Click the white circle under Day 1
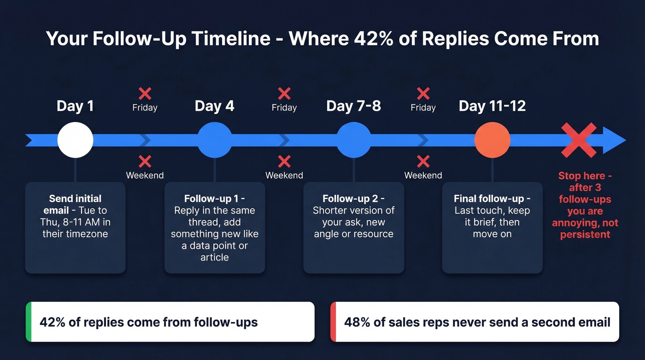(75, 140)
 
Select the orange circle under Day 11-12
(492, 140)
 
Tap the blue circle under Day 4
(215, 140)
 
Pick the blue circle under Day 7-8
(354, 140)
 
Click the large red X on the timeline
(579, 140)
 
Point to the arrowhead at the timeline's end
(616, 140)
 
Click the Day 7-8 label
(353, 106)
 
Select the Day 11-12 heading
(492, 106)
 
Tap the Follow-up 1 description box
(215, 228)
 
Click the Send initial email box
(75, 228)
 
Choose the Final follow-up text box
(492, 228)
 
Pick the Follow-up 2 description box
(353, 228)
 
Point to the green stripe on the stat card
(28, 322)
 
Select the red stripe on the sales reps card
(333, 322)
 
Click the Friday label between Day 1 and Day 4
(145, 108)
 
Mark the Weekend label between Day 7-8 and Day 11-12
(423, 176)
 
